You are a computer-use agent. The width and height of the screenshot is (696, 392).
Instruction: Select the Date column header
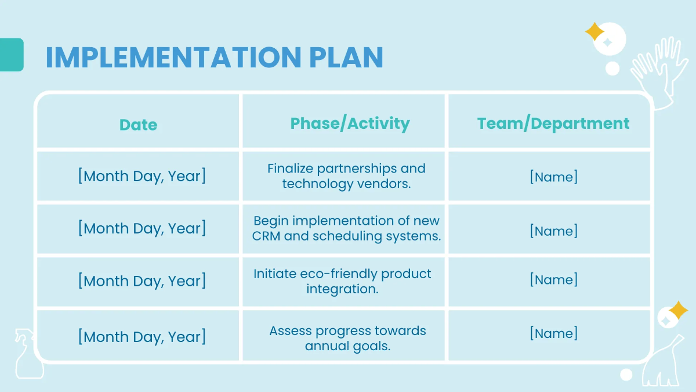click(x=138, y=125)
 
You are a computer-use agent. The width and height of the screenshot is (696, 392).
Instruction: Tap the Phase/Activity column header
click(x=350, y=124)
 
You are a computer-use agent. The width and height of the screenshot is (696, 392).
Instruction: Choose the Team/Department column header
click(x=553, y=124)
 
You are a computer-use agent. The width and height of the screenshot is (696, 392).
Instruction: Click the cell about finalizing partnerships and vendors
click(x=346, y=176)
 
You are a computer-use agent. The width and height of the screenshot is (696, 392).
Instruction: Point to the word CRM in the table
click(x=266, y=236)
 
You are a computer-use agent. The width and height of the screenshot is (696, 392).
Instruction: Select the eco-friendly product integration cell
click(x=342, y=281)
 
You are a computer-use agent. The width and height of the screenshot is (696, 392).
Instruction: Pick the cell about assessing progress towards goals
click(x=347, y=338)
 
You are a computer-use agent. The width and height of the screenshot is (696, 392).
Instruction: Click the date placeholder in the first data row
click(x=142, y=176)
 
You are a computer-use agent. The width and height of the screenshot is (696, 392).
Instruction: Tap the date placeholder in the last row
click(x=142, y=336)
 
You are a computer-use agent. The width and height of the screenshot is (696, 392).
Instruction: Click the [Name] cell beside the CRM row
click(x=553, y=231)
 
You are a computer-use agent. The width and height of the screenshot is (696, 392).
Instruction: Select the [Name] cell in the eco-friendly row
click(x=553, y=279)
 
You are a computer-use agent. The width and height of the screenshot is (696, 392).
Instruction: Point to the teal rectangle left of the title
click(x=11, y=55)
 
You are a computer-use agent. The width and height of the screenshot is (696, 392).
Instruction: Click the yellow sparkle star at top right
click(x=594, y=31)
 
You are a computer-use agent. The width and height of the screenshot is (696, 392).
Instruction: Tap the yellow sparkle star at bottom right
click(x=678, y=311)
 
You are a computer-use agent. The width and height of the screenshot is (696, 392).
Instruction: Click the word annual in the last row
click(x=325, y=346)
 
